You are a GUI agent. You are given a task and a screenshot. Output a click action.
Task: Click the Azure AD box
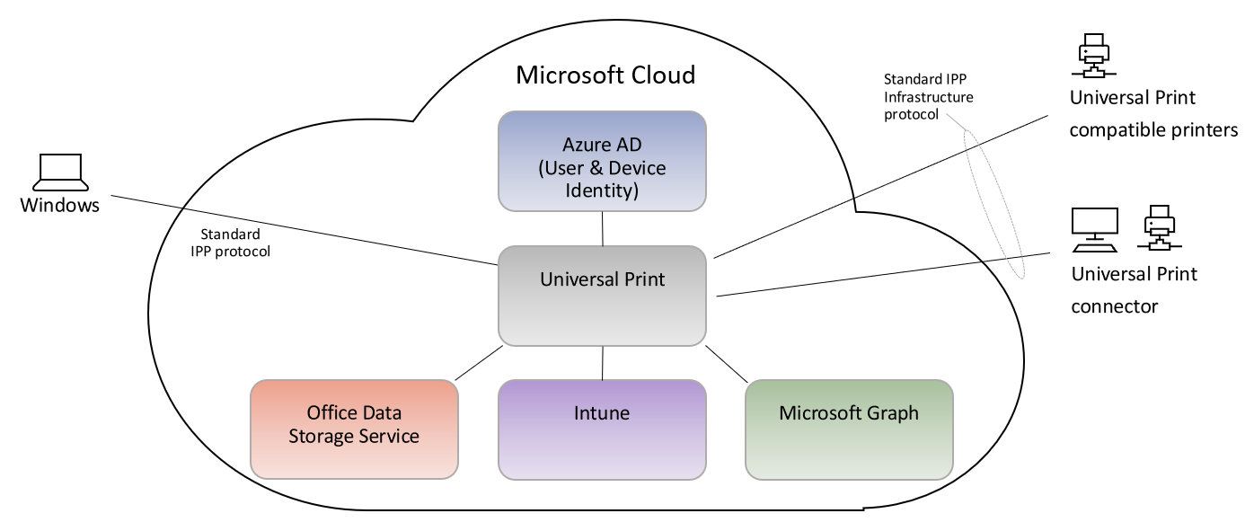602,162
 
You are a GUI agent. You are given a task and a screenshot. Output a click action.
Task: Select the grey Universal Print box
602,295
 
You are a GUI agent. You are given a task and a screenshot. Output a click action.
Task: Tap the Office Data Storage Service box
354,429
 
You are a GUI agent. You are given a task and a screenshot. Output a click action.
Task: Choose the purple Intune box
602,429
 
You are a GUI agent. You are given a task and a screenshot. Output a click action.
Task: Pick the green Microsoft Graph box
849,429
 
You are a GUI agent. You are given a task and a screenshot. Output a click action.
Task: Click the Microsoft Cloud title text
605,75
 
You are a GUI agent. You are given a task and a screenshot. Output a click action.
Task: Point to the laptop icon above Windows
61,172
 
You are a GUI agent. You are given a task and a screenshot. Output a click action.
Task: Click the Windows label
60,206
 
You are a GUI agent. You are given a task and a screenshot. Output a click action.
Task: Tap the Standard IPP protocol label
230,243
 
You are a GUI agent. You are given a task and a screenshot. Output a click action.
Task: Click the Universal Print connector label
1134,290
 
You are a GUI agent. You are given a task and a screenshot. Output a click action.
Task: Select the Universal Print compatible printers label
1153,114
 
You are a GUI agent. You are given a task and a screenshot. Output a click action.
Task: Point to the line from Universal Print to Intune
602,362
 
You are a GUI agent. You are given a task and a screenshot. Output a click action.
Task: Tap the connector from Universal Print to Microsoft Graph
727,362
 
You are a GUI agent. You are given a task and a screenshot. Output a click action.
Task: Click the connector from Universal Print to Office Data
478,362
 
